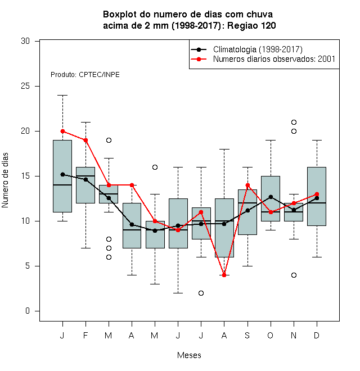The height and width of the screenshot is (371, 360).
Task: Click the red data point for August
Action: click(x=224, y=275)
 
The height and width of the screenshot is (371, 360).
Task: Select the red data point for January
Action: click(x=62, y=131)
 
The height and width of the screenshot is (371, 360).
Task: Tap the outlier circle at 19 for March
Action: click(x=109, y=141)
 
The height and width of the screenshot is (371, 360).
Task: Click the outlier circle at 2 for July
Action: click(x=201, y=293)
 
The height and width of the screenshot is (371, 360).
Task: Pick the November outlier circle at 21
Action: click(x=294, y=123)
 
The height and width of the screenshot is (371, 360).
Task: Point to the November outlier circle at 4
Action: click(x=294, y=275)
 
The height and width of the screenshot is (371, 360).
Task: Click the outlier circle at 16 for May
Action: click(x=155, y=168)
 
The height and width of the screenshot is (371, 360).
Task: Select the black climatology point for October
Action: click(x=271, y=197)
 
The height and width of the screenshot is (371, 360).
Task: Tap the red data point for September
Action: click(x=247, y=185)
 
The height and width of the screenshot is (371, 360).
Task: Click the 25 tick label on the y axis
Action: click(x=25, y=86)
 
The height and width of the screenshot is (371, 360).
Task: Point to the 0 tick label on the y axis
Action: click(x=28, y=311)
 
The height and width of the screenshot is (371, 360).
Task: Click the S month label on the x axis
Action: click(x=247, y=335)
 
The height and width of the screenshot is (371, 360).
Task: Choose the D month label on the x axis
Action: click(x=317, y=335)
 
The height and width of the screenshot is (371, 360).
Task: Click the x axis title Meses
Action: click(x=189, y=355)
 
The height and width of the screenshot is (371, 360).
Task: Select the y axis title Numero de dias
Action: click(x=5, y=180)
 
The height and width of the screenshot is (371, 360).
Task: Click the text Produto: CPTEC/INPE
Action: click(x=85, y=75)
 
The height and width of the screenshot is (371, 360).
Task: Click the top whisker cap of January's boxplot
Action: click(x=62, y=96)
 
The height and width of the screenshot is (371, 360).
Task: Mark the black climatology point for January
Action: click(x=62, y=174)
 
